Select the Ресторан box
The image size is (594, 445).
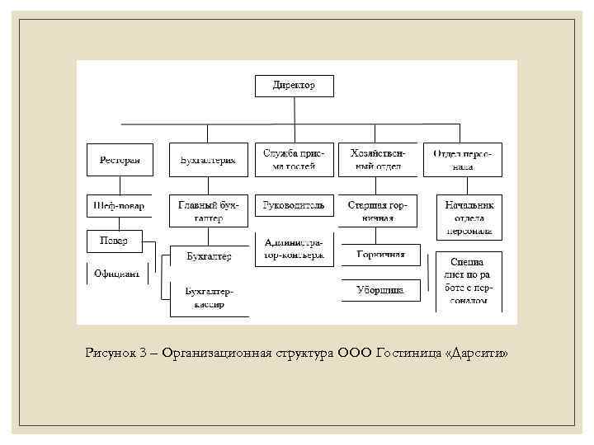[120, 160]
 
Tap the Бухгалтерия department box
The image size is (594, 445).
[208, 160]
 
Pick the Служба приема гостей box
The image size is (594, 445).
[294, 160]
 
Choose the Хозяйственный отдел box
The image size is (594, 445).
[375, 160]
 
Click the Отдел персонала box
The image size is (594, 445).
[462, 160]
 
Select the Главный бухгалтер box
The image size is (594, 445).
[208, 210]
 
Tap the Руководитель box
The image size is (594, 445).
[294, 205]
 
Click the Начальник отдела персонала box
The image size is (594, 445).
[468, 217]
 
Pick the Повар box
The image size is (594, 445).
[114, 240]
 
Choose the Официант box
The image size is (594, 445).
[116, 273]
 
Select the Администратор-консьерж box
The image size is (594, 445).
[294, 250]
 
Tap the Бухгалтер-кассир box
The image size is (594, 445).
[209, 298]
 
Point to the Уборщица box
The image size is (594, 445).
[380, 290]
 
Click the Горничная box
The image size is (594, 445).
[380, 255]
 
